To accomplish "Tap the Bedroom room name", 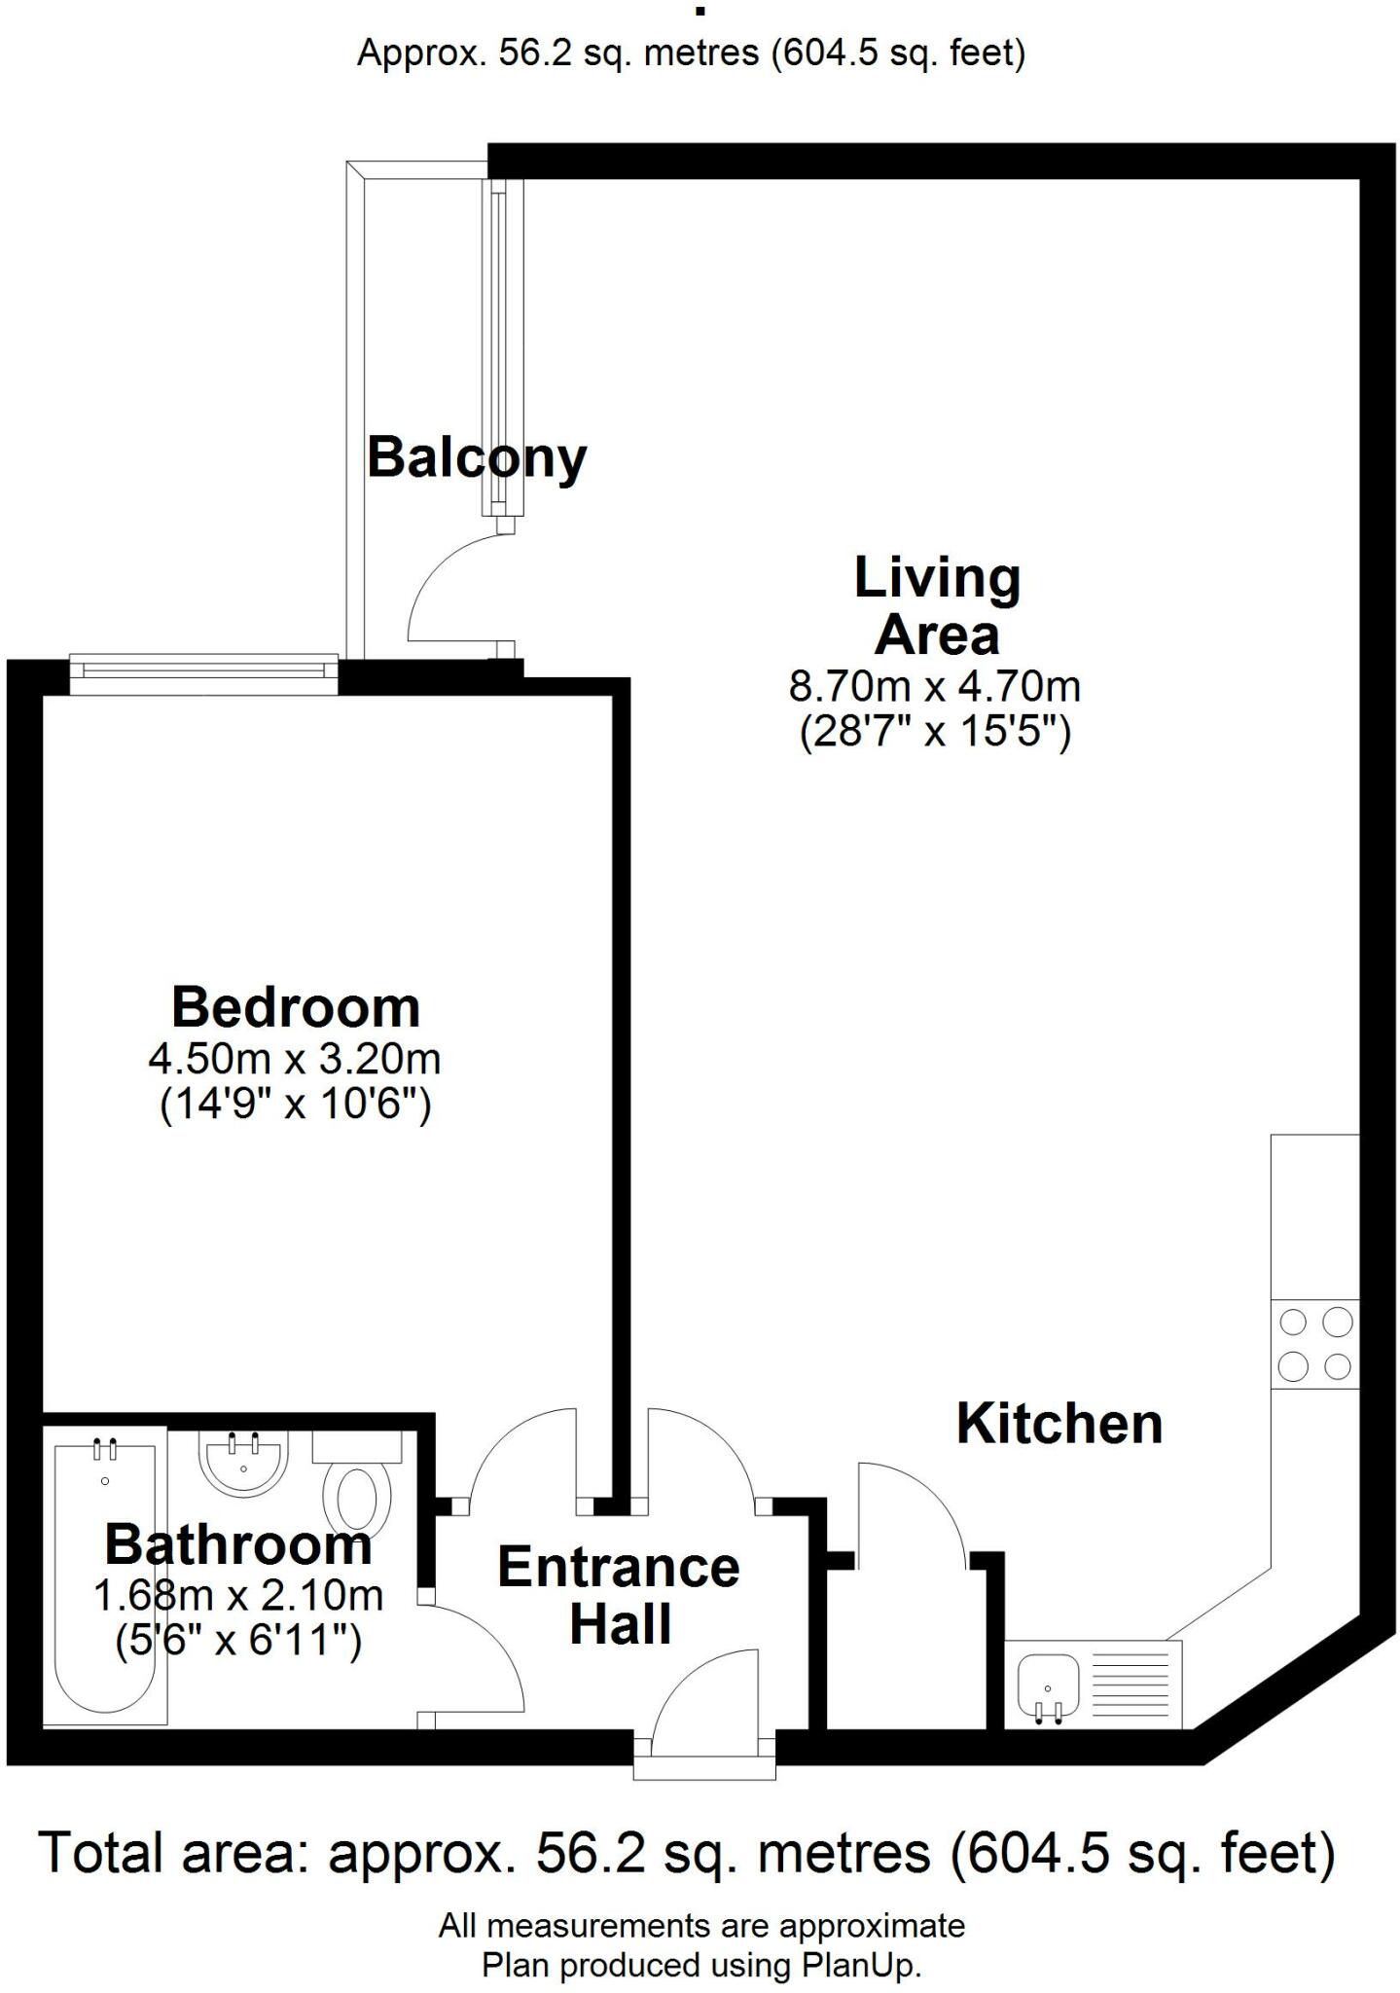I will (296, 1007).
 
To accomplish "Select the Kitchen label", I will (1059, 1424).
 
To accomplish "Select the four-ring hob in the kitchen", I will (1314, 1344).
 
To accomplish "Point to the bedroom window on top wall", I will (203, 670).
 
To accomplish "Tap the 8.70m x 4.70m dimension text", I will (934, 687).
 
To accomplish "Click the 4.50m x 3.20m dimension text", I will (295, 1059).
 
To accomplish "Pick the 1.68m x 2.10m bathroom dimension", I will (237, 1595).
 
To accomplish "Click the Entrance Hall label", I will (619, 1596).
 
